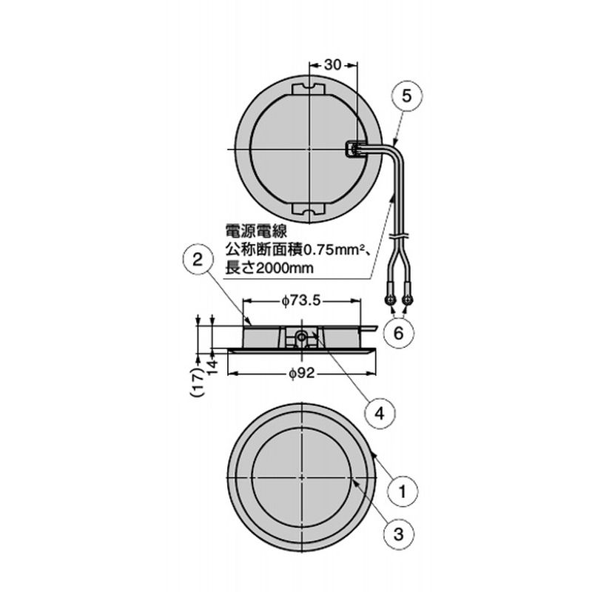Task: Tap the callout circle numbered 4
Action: click(378, 411)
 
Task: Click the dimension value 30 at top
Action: click(332, 65)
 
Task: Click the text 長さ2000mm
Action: click(269, 268)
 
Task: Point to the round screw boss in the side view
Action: click(302, 337)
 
